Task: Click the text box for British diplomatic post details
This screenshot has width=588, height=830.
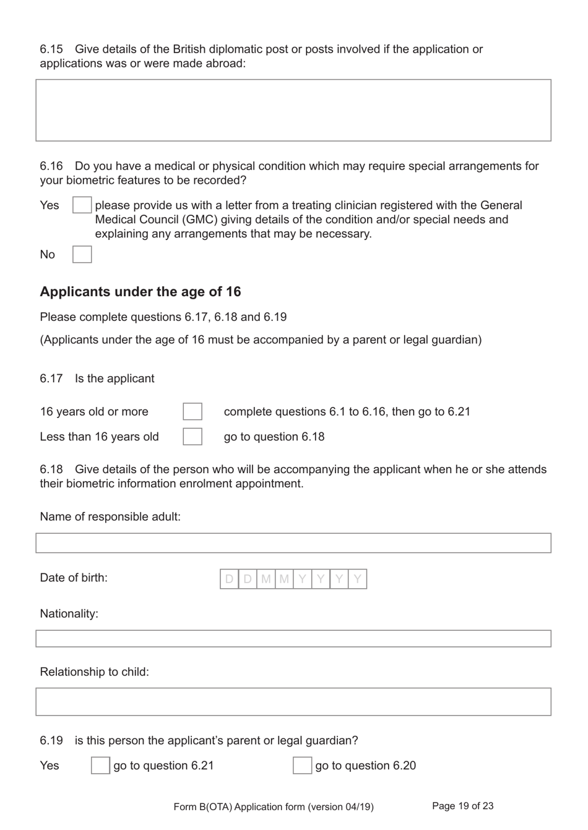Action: click(x=293, y=110)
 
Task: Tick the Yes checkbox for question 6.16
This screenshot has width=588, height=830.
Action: click(x=82, y=205)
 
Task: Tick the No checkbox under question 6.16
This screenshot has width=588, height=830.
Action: click(x=82, y=254)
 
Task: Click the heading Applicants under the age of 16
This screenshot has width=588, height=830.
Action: click(x=141, y=292)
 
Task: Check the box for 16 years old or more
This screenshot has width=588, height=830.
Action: click(x=192, y=411)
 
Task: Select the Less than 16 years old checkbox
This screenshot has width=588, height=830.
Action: click(x=192, y=437)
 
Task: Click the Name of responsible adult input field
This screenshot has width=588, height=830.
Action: click(x=293, y=543)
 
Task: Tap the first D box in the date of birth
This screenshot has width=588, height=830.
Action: click(x=229, y=579)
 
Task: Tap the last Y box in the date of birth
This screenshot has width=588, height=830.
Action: click(x=357, y=579)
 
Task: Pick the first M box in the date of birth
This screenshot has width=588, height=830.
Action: click(x=266, y=579)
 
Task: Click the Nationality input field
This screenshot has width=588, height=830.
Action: click(x=293, y=639)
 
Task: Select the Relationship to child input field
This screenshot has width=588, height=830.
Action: click(x=293, y=702)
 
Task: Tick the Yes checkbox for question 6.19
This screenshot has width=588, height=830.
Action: click(x=100, y=766)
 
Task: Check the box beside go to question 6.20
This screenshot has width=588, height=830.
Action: click(x=302, y=766)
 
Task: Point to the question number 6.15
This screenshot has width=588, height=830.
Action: click(x=51, y=49)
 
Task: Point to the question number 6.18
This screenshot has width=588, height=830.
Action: click(x=51, y=469)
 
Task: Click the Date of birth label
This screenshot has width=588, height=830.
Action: click(x=74, y=578)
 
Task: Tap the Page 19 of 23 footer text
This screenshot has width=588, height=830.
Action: click(x=462, y=806)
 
